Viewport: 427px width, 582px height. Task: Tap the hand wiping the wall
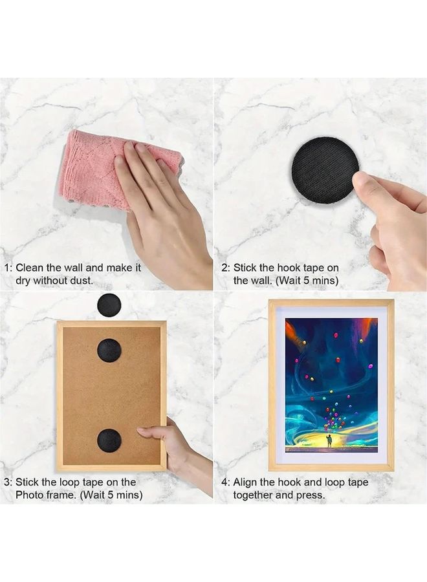[162, 207]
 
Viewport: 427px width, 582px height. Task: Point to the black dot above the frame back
[109, 305]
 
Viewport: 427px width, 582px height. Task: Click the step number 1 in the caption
[7, 268]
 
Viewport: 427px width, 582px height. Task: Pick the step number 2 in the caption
[224, 268]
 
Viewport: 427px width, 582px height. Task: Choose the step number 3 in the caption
[7, 482]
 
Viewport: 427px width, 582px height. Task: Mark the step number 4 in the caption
[225, 482]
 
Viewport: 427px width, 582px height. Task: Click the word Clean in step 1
[30, 268]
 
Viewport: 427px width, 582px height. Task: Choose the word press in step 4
[309, 496]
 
